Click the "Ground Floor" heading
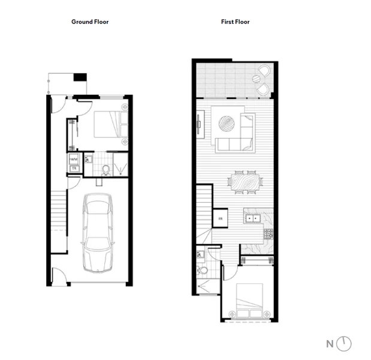coord(90,22)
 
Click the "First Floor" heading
coord(235,22)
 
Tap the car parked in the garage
coord(97,227)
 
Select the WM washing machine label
coord(74,159)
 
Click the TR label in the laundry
coord(74,169)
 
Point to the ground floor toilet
coord(105,170)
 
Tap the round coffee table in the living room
coord(227,124)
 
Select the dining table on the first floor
coord(245,181)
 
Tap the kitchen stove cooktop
coord(267,233)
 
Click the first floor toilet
coord(203,271)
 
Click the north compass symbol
coord(344,344)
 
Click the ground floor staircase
coord(58,213)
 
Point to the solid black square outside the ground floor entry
coord(80,77)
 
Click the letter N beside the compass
coord(329,344)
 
